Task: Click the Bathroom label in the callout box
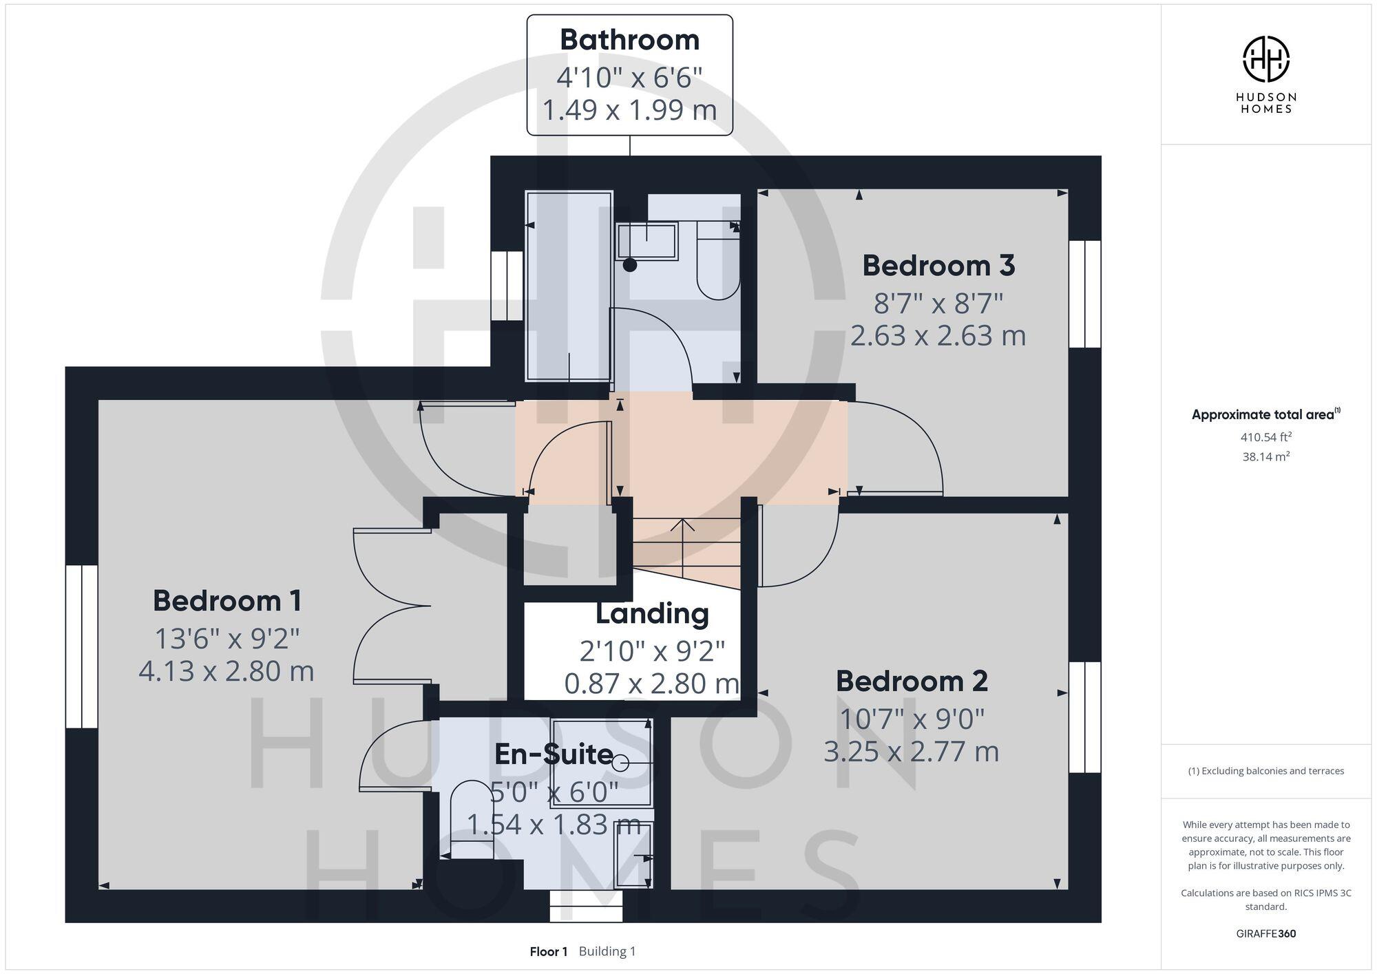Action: click(629, 40)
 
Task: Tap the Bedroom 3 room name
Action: click(938, 266)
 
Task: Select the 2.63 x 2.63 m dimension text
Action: click(938, 336)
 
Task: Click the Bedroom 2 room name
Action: click(912, 681)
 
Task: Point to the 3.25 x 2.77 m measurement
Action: click(911, 752)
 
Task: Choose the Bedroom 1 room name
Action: click(227, 601)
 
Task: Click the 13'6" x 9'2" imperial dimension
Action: click(227, 639)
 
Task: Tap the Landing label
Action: click(652, 614)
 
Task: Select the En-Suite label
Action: click(554, 754)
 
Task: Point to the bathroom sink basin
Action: click(647, 242)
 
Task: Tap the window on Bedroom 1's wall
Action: click(81, 646)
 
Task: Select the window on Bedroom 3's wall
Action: click(1085, 293)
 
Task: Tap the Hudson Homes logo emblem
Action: click(1265, 59)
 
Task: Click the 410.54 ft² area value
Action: click(1265, 437)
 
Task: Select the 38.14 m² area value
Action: click(1265, 456)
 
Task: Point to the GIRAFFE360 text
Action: click(1265, 933)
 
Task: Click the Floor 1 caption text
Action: click(548, 951)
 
